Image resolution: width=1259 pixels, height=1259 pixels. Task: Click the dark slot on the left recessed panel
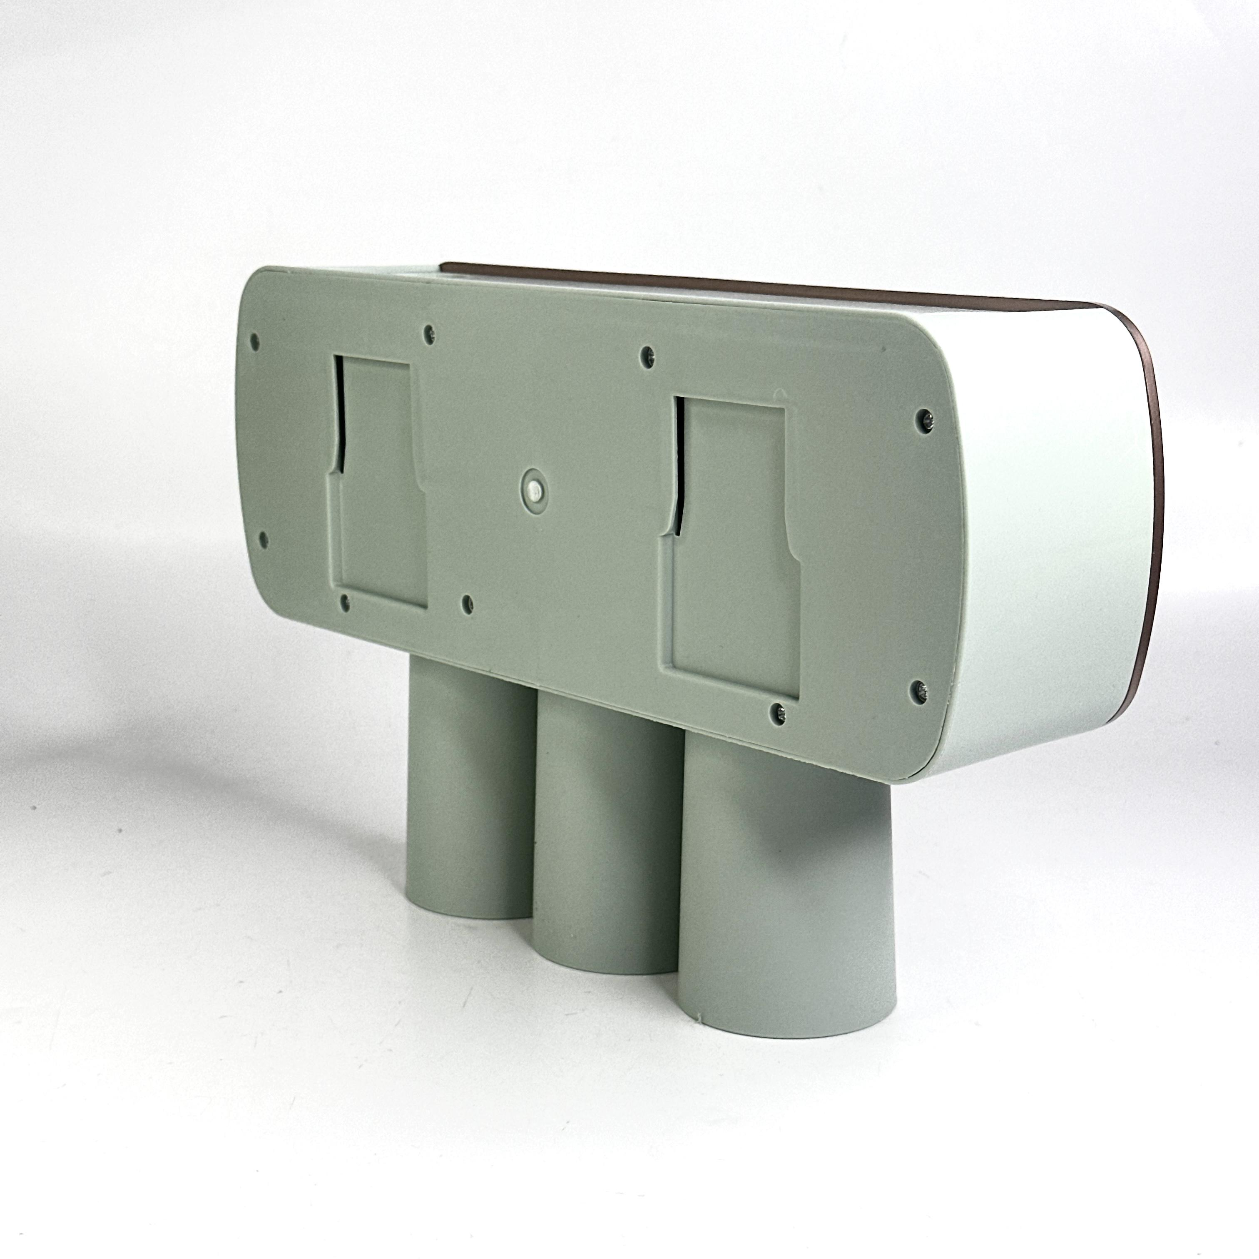[339, 417]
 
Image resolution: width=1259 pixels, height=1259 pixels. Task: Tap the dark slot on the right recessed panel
[678, 469]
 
